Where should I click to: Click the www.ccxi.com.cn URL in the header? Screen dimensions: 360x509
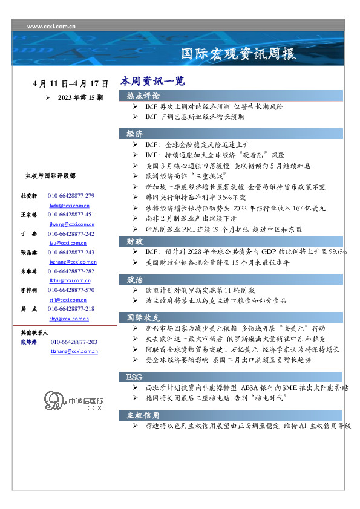51,27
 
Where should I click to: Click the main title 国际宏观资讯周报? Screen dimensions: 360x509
239,54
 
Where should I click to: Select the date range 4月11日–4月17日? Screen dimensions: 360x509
71,83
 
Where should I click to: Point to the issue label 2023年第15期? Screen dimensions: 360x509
80,97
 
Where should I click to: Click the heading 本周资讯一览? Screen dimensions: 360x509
152,81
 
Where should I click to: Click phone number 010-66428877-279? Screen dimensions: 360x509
71,196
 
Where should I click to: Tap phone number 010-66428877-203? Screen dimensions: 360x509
74,342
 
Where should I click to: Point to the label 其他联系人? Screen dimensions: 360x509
34,332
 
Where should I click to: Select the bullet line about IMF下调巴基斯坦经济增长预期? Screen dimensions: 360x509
194,117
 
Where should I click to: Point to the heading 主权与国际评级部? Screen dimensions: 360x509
50,176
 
